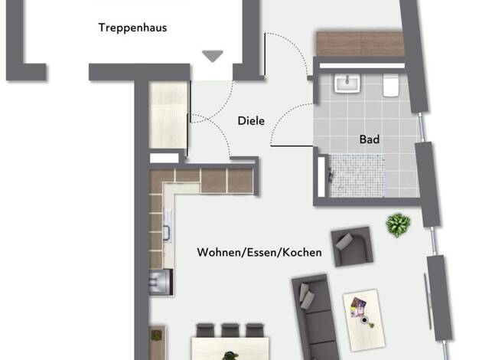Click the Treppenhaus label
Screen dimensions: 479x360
tap(132, 28)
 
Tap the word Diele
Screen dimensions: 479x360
tap(251, 121)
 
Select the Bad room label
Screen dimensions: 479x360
tap(370, 139)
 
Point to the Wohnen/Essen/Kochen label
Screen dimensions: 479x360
tap(259, 252)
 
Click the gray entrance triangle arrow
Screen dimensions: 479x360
tap(213, 56)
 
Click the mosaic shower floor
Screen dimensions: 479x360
tap(357, 175)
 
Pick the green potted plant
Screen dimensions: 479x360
tap(398, 225)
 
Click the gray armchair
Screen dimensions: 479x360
tap(353, 246)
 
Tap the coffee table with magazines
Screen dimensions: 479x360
tap(363, 320)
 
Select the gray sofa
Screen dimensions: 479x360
tap(315, 318)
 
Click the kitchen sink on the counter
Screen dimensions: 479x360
tap(167, 225)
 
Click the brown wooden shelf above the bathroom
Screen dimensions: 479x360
tap(360, 44)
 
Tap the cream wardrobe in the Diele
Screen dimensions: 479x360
tap(168, 115)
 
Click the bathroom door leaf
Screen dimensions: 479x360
tap(292, 146)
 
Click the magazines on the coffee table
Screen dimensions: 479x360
tap(358, 307)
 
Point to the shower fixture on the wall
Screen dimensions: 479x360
tap(331, 174)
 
